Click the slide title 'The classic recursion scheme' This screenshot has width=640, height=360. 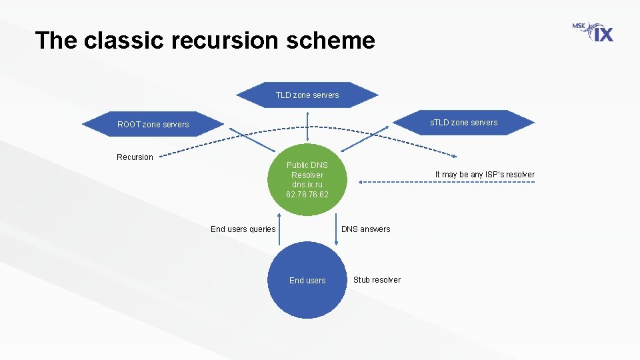pos(205,41)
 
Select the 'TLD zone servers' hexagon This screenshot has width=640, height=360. pos(307,95)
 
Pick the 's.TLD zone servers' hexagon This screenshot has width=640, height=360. pos(463,122)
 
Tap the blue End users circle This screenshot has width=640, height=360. pos(307,281)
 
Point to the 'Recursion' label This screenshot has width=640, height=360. pos(135,157)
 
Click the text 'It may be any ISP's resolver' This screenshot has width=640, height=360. pos(485,175)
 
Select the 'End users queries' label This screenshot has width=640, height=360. pos(243,229)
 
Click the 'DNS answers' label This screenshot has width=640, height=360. pos(366,229)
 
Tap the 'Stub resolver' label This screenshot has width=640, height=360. pos(377,280)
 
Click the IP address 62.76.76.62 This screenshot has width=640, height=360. pos(307,195)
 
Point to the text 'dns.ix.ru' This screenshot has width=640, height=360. pos(307,185)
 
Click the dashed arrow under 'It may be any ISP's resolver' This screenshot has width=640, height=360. pos(447,181)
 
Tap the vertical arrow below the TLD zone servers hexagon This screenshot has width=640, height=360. pos(307,127)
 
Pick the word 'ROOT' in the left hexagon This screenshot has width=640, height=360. pos(129,125)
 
